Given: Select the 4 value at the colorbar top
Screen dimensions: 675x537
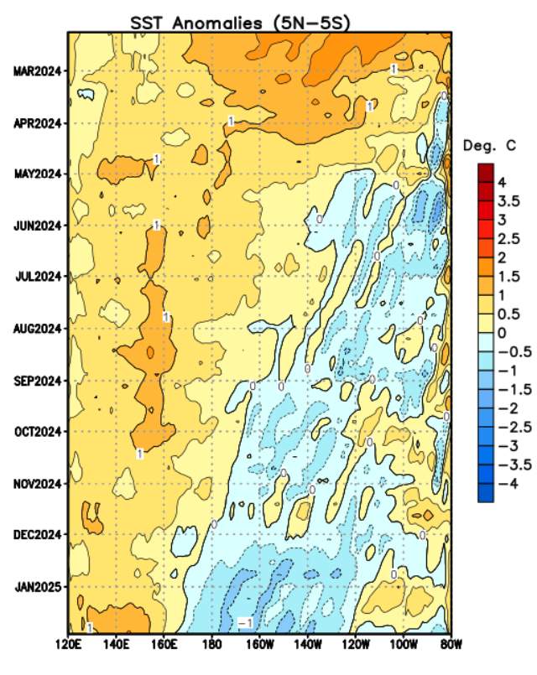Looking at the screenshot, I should pos(501,182).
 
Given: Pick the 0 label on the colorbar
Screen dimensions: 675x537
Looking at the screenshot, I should pos(501,333).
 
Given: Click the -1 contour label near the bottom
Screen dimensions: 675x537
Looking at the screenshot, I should pos(246,623).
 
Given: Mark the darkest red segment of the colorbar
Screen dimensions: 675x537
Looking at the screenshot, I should pos(486,173).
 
